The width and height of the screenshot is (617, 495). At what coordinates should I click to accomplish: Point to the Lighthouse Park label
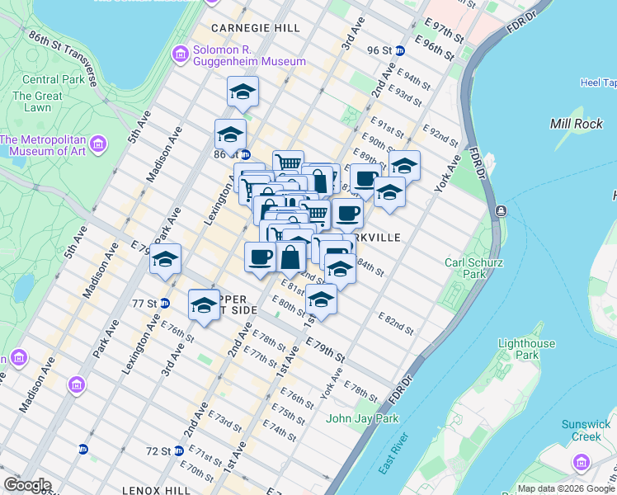tap(527, 350)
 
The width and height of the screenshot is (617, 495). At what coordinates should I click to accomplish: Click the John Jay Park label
tap(362, 418)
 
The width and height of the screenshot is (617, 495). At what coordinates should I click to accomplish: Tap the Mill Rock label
tap(575, 123)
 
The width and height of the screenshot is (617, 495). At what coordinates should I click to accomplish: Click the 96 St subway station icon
tap(400, 50)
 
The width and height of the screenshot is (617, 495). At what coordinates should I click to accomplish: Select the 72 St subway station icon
tap(82, 450)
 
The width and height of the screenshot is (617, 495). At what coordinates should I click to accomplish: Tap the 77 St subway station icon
tap(164, 303)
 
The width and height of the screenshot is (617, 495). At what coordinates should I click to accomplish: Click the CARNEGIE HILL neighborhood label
tap(255, 28)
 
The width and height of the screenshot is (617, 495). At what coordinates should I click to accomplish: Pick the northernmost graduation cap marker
tap(243, 92)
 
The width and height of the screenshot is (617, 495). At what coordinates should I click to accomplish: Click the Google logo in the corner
tap(27, 485)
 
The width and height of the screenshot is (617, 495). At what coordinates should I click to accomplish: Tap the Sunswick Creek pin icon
tap(586, 460)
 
